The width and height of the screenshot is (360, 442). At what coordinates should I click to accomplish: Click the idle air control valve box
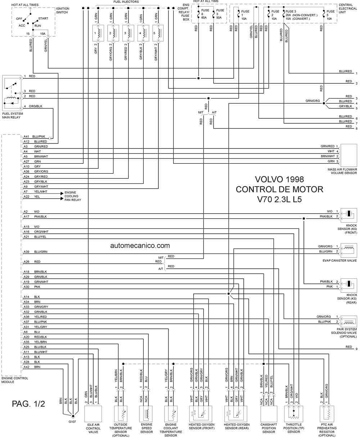(93, 414)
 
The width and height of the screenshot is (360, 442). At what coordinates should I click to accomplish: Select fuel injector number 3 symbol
(128, 33)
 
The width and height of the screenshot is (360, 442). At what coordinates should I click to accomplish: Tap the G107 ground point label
(72, 422)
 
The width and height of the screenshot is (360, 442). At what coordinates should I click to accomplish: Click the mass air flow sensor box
(349, 155)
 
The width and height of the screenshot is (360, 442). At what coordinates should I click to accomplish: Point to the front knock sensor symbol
(349, 215)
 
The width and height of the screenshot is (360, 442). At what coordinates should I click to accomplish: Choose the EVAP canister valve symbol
(349, 250)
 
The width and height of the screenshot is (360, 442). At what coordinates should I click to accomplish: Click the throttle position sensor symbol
(293, 414)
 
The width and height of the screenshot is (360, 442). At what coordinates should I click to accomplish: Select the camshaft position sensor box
(269, 414)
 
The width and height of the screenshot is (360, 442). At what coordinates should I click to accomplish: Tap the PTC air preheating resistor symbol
(327, 414)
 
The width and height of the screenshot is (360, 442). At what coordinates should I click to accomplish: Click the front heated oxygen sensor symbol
(201, 414)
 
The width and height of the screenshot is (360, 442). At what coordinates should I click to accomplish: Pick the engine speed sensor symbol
(146, 414)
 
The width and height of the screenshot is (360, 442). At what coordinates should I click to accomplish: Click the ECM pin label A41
(26, 137)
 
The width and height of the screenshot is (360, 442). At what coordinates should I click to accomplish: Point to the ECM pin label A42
(26, 367)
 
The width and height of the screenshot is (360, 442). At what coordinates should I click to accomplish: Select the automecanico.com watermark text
(140, 246)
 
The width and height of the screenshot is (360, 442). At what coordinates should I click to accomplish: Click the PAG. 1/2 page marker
(28, 404)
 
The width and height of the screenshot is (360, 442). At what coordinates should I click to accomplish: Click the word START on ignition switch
(43, 18)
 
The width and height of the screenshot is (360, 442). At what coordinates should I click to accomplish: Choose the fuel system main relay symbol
(12, 93)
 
